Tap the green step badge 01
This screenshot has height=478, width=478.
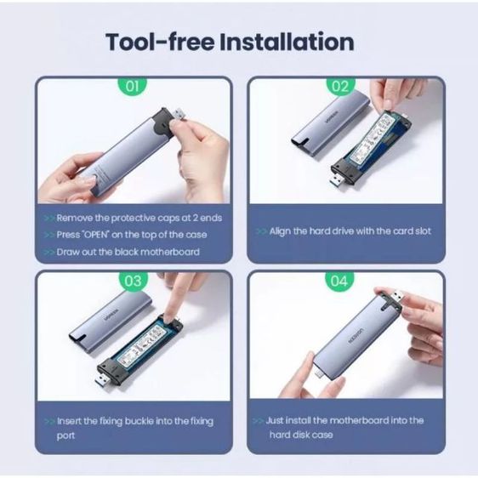click(x=133, y=86)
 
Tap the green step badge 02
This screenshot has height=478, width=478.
click(x=340, y=86)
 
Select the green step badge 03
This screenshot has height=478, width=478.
click(x=133, y=281)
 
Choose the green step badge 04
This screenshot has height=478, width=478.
click(x=340, y=281)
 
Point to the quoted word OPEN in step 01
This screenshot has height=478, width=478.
click(x=100, y=235)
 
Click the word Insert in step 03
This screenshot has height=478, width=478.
click(x=71, y=421)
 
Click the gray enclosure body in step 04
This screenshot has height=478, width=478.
click(x=349, y=336)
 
